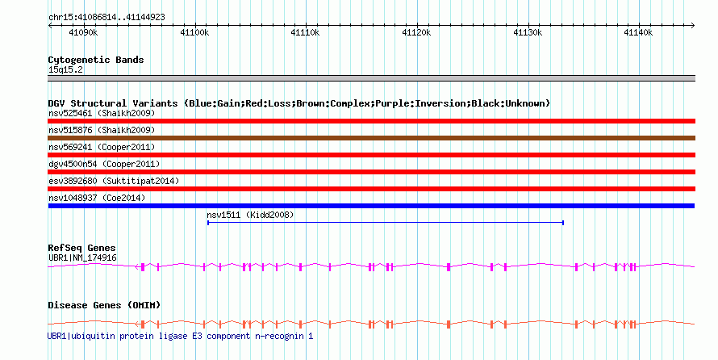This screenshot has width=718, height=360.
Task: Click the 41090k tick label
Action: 83,32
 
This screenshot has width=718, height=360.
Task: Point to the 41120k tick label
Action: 416,32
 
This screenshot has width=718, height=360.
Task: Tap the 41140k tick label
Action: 638,32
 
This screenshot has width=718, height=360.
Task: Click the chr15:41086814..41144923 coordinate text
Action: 106,18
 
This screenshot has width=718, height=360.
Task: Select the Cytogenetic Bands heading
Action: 96,60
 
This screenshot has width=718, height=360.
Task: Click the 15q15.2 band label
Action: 65,70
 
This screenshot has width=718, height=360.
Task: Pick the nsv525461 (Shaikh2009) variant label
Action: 102,113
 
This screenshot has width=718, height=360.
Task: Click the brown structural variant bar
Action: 371,138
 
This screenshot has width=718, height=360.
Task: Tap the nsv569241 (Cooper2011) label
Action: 102,147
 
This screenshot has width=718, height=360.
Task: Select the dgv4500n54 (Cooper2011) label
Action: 104,164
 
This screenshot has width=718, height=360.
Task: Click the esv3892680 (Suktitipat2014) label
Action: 114,181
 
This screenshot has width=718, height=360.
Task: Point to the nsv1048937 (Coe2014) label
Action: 97,198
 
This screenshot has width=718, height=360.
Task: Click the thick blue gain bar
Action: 371,206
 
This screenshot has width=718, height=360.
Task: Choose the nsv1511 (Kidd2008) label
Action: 250,215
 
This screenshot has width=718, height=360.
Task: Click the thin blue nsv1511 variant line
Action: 386,223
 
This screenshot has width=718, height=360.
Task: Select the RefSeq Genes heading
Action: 81,249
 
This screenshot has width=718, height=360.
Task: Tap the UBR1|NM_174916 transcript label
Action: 82,257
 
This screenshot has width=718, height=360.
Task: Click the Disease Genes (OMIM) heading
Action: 104,305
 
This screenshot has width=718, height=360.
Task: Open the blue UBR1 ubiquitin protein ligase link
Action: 181,336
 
